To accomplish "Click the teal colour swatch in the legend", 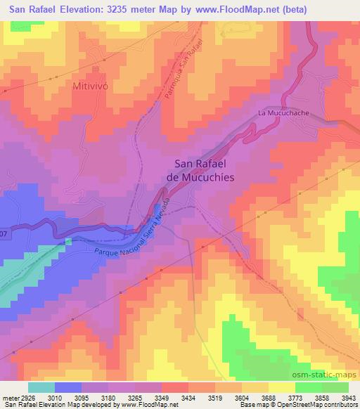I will point(41,387).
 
